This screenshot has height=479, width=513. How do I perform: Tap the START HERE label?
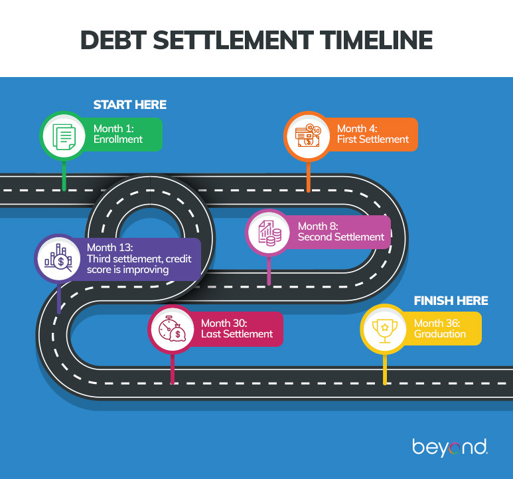tap(129, 105)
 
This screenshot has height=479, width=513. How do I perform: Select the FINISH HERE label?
tap(451, 301)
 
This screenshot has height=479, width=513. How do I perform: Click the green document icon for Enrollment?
tap(64, 136)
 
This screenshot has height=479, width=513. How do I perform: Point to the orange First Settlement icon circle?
tap(308, 136)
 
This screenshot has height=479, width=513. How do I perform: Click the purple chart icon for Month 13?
tap(59, 257)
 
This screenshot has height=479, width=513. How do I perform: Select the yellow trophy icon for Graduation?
tap(384, 328)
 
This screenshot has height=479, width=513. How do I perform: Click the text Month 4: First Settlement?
tap(372, 134)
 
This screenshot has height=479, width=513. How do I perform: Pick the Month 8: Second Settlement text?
tap(340, 232)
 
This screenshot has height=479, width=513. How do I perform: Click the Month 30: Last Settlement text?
tap(237, 328)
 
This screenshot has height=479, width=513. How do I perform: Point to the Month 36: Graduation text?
tap(440, 328)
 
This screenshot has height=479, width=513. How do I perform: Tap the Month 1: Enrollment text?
tap(118, 134)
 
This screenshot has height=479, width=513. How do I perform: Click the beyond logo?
tap(449, 447)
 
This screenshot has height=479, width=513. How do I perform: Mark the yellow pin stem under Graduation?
tap(385, 368)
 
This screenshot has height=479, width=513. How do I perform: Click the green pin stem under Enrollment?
tap(64, 174)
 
